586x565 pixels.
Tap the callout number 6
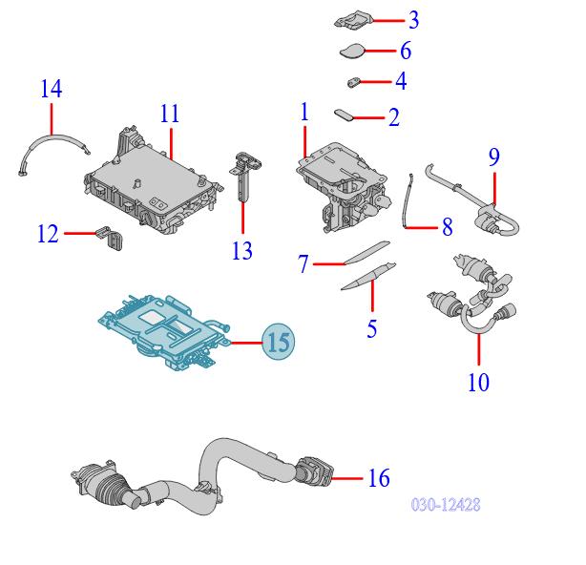point(405,51)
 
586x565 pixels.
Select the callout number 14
point(51,90)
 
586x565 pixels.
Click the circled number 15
point(277,341)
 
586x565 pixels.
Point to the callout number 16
point(379,477)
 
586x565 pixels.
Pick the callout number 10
point(478,383)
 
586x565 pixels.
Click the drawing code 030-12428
point(445,504)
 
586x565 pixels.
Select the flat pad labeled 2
point(345,115)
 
